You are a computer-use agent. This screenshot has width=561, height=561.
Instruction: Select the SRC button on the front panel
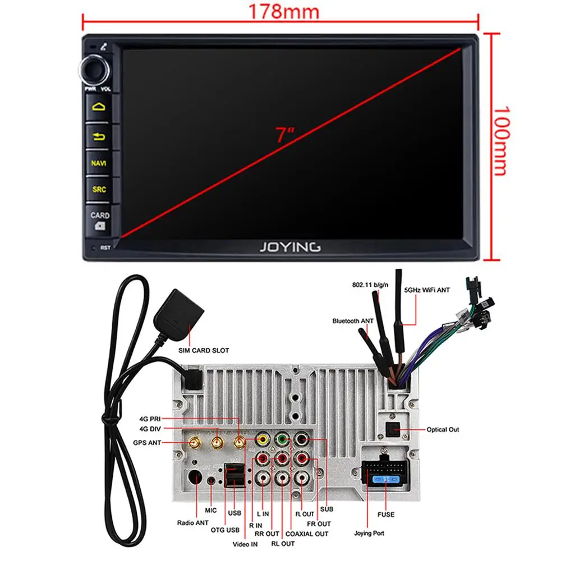[x=99, y=190]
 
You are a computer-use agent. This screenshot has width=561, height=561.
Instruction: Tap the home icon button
[x=99, y=107]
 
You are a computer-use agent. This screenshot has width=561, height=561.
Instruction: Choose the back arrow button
[x=99, y=136]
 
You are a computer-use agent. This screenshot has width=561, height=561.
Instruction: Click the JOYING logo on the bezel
[x=289, y=246]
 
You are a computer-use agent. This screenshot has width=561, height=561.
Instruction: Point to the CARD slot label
[x=100, y=215]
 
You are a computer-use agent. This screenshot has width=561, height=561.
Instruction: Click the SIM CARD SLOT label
[x=204, y=351]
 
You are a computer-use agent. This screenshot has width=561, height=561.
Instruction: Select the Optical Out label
[x=443, y=430]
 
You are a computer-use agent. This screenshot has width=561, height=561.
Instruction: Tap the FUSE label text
[x=385, y=514]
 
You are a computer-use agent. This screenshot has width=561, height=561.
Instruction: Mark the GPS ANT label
[x=146, y=443]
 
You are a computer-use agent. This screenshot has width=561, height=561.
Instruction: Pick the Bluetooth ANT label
[x=353, y=321]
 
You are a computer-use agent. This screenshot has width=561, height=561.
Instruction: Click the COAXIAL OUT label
[x=306, y=534]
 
